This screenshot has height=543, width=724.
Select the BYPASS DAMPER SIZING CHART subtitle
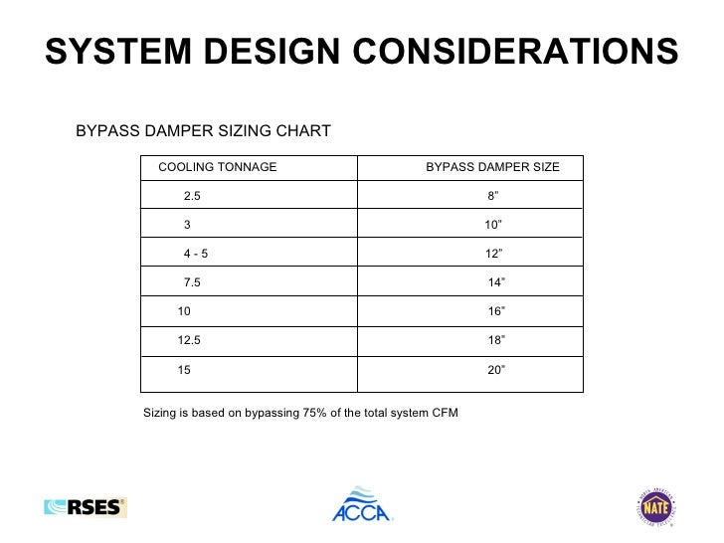coord(203,131)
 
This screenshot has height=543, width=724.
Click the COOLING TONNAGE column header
coord(218,167)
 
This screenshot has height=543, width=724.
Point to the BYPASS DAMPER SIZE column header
coord(492,167)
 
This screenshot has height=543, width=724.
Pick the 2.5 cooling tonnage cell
coord(192,196)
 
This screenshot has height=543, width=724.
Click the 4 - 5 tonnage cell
coord(196,254)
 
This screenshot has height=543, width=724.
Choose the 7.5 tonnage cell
coord(192,282)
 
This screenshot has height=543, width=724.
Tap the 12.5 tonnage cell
coord(189,340)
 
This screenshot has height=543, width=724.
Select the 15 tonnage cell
coord(184,369)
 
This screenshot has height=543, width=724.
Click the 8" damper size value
coord(493,196)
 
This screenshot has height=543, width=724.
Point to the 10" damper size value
coord(493,225)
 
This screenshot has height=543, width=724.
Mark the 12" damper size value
coord(494,254)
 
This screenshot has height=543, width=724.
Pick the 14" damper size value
coord(496,282)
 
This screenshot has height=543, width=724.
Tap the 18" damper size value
coord(496,340)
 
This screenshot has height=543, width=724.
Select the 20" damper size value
coord(496,369)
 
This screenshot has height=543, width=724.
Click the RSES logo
coord(86,507)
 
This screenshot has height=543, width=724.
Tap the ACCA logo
coord(362,504)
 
